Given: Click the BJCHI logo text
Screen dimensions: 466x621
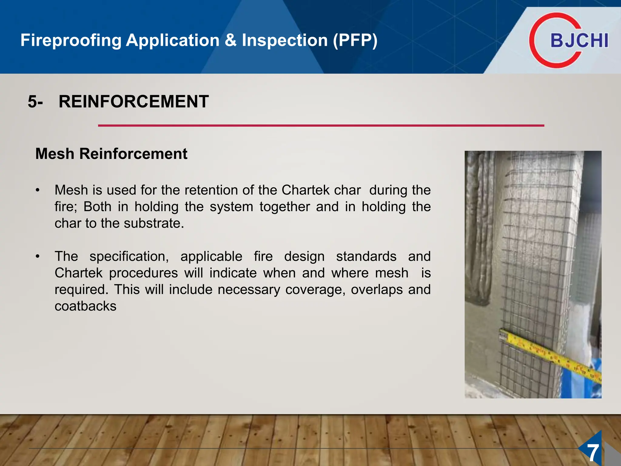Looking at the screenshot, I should click(x=579, y=40).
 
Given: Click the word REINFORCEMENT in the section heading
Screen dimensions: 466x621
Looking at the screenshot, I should click(x=134, y=101).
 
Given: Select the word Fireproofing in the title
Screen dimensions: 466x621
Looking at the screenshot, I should click(x=71, y=40).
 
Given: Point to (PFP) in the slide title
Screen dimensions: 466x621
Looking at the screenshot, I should click(x=355, y=40).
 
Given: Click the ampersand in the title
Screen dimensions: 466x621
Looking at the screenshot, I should click(x=230, y=40).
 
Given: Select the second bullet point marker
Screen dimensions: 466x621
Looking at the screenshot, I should click(x=37, y=257).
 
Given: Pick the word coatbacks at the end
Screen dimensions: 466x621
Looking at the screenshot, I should click(x=86, y=306).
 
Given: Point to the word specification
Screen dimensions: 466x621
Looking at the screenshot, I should click(x=129, y=257).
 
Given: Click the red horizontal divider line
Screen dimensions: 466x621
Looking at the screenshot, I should click(x=321, y=125).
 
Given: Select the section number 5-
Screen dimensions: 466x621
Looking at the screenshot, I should click(x=35, y=102).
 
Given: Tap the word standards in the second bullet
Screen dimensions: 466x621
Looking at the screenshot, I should click(x=366, y=257).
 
